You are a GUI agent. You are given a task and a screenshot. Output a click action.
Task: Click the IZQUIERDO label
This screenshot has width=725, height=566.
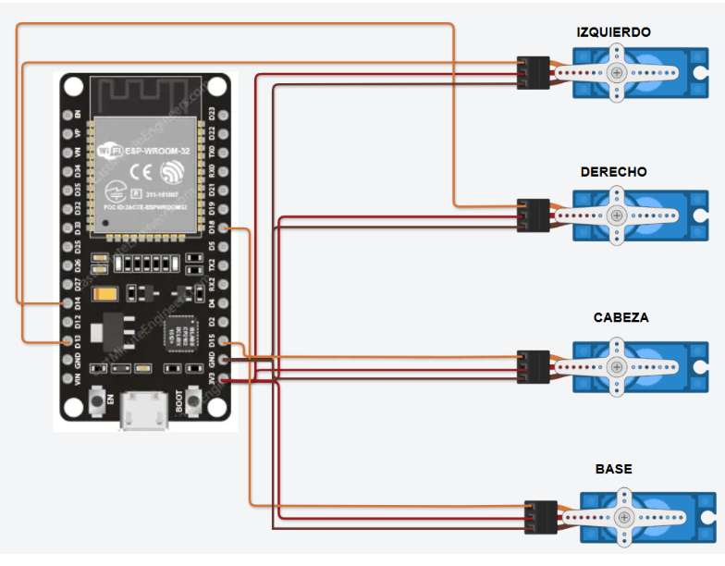coord(613,32)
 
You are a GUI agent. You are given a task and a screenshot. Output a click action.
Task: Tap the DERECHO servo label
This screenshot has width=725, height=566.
coord(613,172)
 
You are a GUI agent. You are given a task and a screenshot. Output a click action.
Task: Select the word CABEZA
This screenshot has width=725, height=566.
coord(621,317)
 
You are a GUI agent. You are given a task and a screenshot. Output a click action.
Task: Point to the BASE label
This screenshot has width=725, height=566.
coord(613,470)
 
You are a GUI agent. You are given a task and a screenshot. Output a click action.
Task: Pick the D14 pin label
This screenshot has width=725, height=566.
coord(79,302)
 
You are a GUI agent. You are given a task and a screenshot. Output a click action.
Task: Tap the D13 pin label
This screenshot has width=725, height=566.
coord(79,340)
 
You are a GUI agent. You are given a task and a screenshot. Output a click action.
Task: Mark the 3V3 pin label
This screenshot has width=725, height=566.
coord(212,379)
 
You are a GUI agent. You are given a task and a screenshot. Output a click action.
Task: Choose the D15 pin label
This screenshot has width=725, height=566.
coord(212,341)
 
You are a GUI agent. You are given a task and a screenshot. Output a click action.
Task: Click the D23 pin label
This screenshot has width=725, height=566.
coord(212,114)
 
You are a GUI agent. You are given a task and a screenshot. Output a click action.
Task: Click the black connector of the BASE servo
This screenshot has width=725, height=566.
coord(538,517)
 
